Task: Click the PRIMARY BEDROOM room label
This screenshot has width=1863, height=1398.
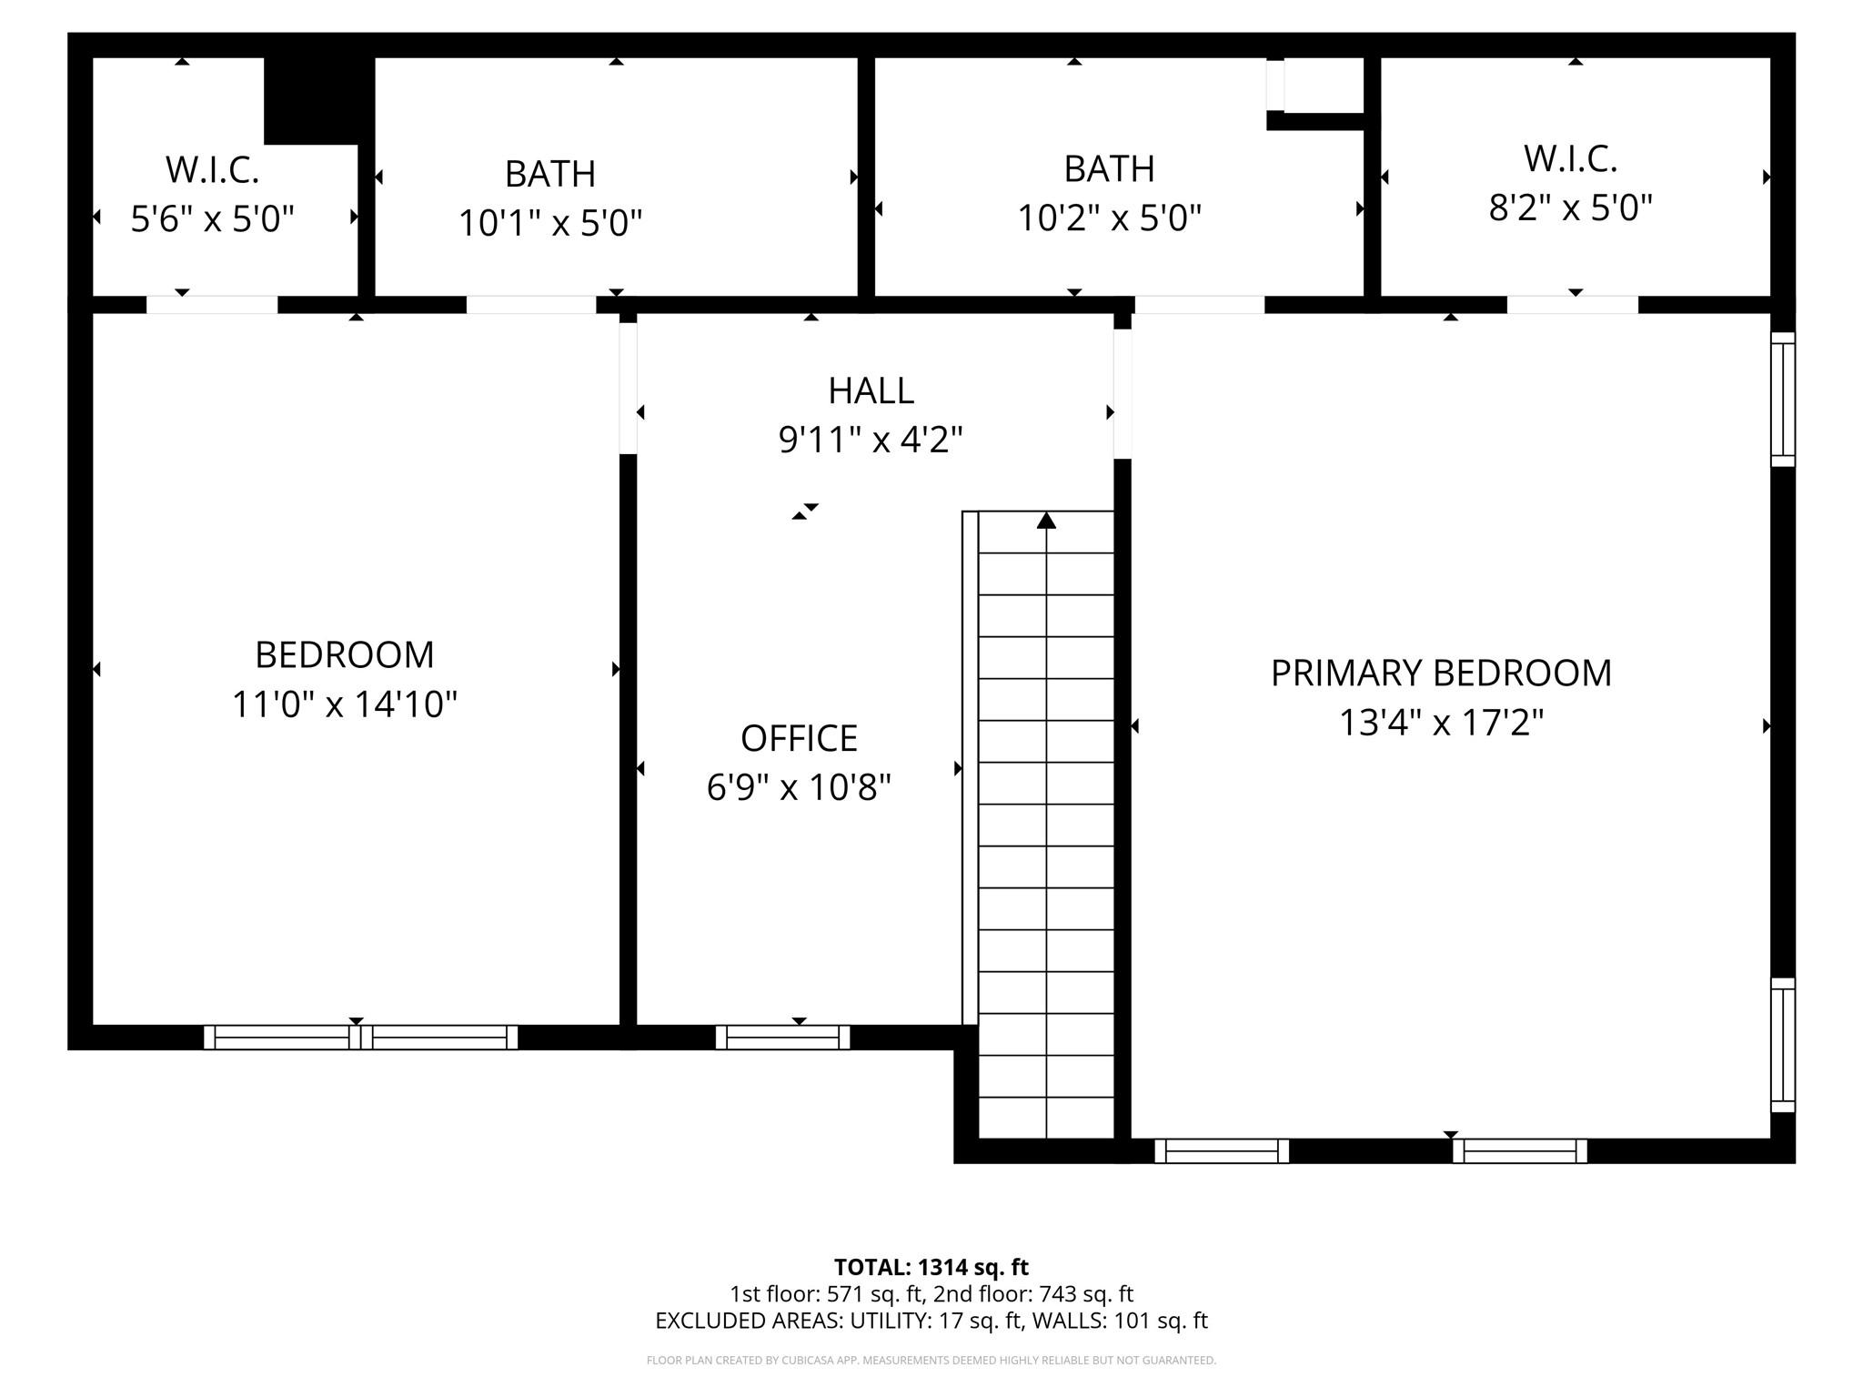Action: tap(1441, 674)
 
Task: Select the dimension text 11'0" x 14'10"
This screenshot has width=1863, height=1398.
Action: tap(344, 704)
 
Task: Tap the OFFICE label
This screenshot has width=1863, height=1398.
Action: tap(799, 738)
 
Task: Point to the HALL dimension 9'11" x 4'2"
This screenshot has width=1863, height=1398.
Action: tap(871, 441)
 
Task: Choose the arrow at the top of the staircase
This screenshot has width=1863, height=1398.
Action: tap(1046, 521)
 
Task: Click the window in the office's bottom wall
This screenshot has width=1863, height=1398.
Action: tap(782, 1037)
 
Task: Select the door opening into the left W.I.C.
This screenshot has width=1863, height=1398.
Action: tap(212, 305)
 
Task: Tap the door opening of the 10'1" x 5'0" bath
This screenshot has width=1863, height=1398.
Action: tap(531, 305)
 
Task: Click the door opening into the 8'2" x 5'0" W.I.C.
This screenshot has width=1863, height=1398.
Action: tap(1572, 305)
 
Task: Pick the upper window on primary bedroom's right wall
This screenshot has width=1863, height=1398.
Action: tap(1783, 400)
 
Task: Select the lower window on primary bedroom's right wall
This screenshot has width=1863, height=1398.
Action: tap(1783, 1045)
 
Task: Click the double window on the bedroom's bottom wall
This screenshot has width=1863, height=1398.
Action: tap(360, 1037)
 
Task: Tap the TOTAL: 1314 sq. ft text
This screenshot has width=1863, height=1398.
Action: tap(931, 1267)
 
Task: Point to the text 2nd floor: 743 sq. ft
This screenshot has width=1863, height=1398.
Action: tap(1033, 1293)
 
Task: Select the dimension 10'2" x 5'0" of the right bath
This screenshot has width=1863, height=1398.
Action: tap(1109, 218)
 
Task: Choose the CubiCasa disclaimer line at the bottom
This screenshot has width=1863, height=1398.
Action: tap(931, 1361)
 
